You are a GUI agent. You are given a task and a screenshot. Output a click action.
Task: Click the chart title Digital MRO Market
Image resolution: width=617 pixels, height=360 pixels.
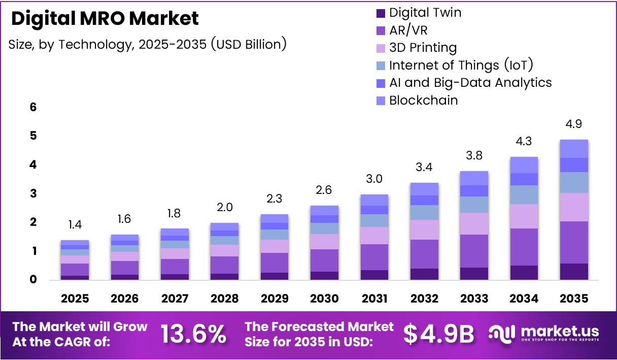[105, 19]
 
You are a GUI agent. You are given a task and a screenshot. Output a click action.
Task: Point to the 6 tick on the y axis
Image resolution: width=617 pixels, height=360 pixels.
[33, 107]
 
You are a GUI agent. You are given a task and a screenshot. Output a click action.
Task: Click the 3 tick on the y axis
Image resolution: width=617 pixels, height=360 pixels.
[33, 193]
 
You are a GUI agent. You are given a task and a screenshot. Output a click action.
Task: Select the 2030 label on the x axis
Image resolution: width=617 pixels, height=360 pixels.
[324, 299]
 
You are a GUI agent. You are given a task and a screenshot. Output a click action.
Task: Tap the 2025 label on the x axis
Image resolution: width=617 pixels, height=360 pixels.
[75, 299]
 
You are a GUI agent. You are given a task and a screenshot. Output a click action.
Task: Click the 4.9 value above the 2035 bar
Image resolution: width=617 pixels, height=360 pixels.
[573, 124]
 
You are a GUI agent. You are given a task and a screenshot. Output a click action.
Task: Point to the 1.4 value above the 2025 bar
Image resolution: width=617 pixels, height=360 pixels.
[75, 224]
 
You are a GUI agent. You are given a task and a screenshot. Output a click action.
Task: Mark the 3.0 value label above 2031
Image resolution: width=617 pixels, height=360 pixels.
[374, 179]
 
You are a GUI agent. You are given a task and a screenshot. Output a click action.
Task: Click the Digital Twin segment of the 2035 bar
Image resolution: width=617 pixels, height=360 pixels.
[574, 272]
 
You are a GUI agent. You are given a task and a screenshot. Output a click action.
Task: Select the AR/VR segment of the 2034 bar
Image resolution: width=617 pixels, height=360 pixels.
[524, 247]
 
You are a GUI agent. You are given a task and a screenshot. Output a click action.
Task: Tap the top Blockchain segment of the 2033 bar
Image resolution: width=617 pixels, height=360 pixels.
[474, 178]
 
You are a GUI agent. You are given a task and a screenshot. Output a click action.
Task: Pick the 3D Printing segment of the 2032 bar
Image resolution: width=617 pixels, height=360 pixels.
[424, 230]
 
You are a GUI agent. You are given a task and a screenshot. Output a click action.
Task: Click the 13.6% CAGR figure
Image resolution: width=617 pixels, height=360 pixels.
[193, 334]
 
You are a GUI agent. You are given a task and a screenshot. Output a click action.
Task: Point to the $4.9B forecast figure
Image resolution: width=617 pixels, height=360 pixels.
[439, 334]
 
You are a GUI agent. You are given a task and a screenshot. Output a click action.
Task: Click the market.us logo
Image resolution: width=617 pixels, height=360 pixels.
[544, 334]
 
